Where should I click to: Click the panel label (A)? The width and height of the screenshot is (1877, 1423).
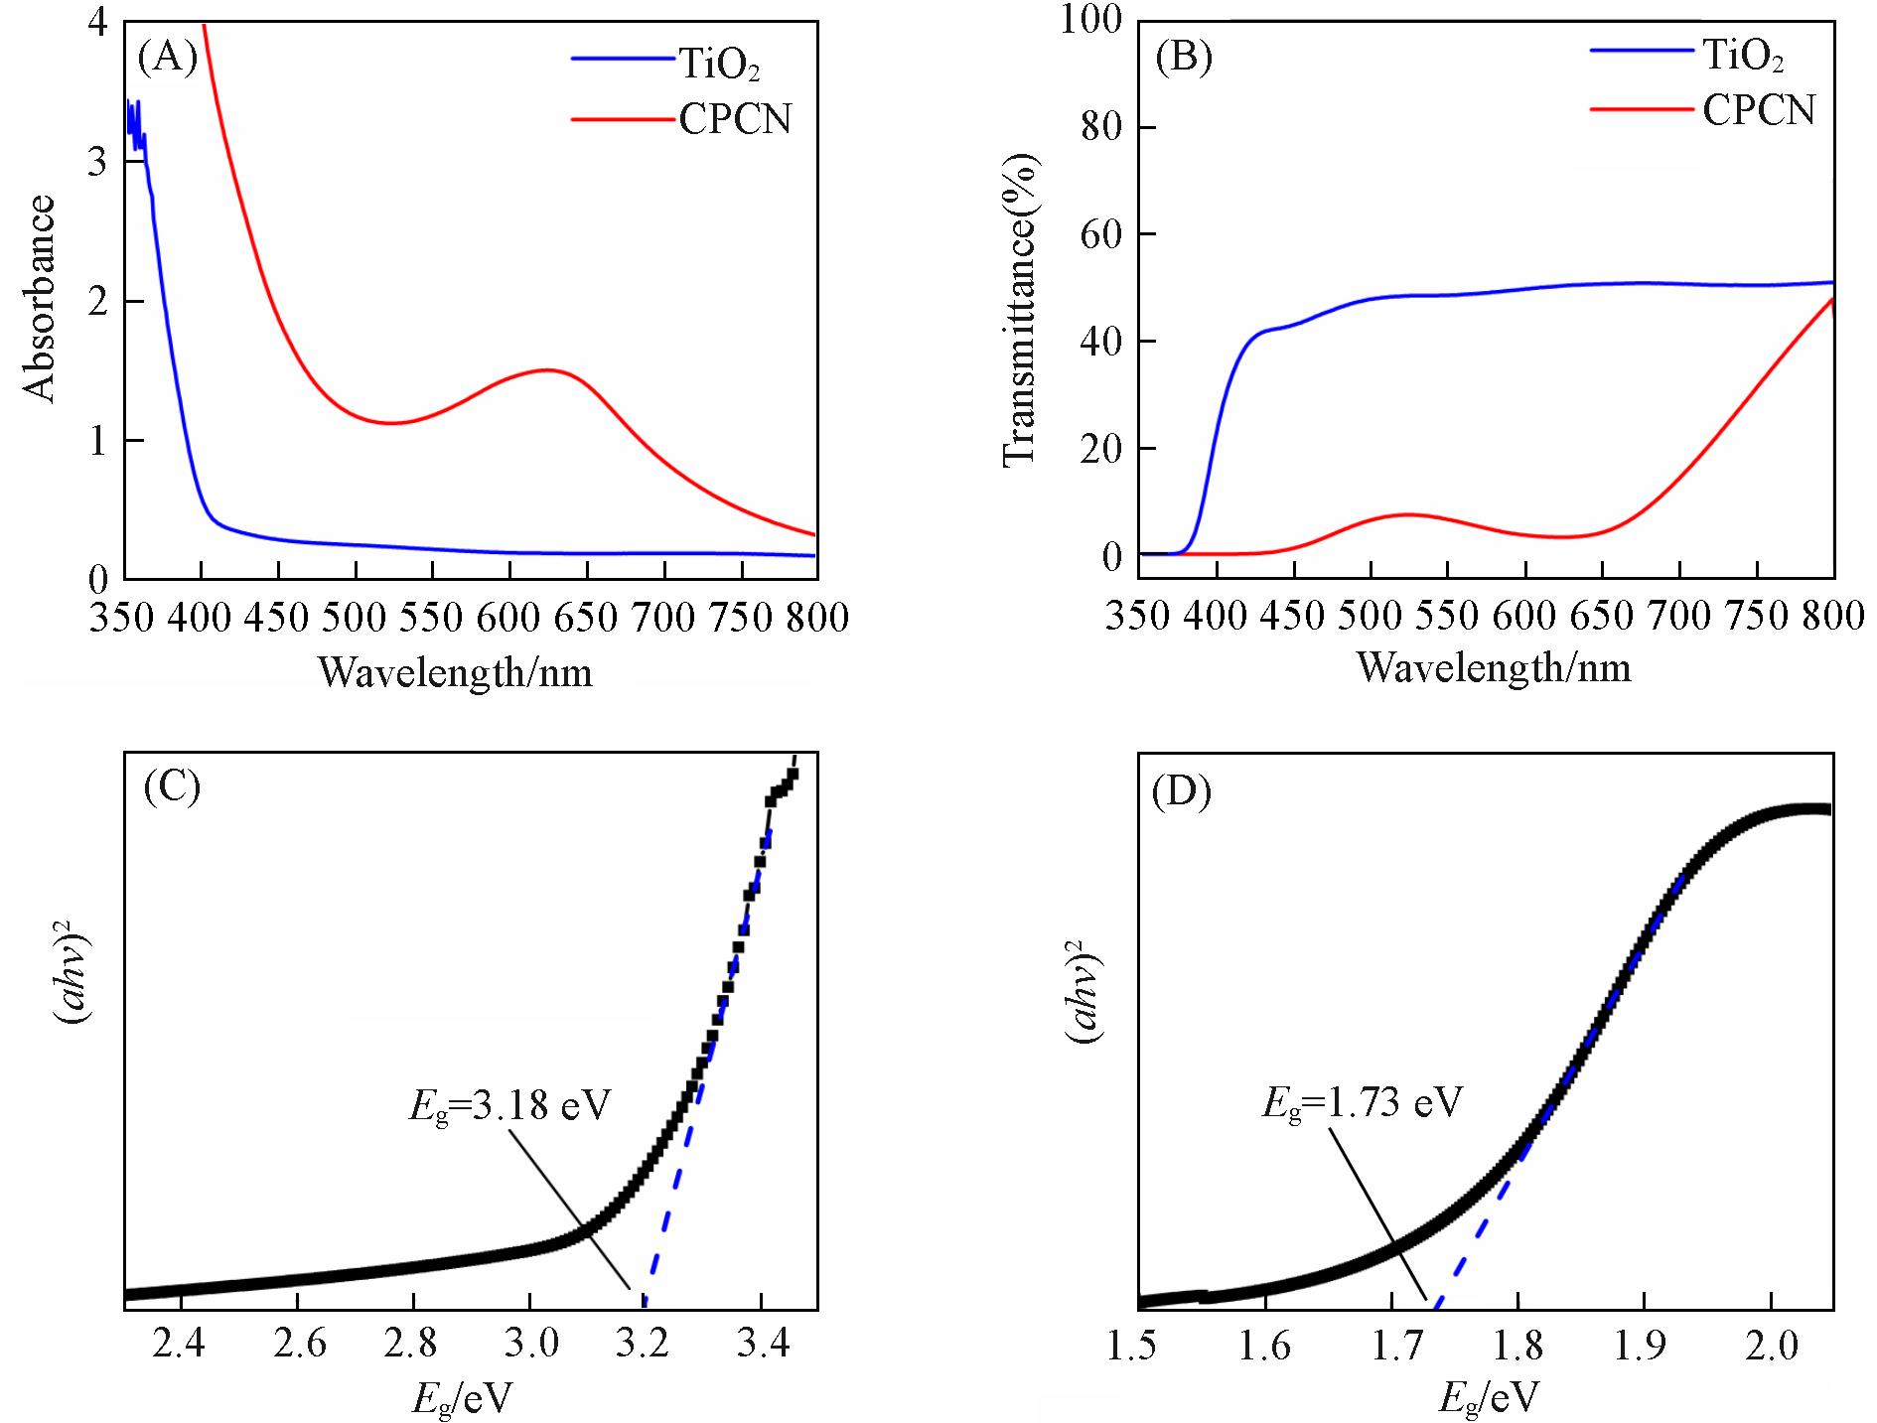(x=168, y=58)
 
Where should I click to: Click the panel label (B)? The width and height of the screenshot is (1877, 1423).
(x=1184, y=58)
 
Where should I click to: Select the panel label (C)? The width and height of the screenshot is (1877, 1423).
(x=172, y=786)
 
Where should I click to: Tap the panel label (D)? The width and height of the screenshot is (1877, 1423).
(x=1181, y=792)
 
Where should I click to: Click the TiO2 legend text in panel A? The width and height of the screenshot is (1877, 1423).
(x=720, y=65)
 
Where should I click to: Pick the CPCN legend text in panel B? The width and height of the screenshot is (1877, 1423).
(x=1759, y=109)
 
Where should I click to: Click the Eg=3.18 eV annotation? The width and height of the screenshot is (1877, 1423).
(x=509, y=1105)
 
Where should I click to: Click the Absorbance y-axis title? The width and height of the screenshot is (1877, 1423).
(x=40, y=298)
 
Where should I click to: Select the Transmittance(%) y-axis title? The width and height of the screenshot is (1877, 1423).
(x=1020, y=309)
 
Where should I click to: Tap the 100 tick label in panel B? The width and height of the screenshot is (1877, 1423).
(x=1090, y=19)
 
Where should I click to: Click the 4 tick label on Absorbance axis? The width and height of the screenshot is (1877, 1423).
(x=97, y=22)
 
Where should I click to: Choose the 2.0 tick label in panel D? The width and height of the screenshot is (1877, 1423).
(x=1772, y=1346)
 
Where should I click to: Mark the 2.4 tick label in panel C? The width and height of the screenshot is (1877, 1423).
(x=181, y=1344)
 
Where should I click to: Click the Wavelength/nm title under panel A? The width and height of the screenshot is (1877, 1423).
(x=455, y=673)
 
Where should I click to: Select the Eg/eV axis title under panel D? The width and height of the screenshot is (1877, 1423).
(x=1488, y=1398)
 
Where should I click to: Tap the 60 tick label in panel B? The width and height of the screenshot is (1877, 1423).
(x=1100, y=234)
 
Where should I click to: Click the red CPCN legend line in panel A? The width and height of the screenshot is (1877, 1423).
(x=623, y=120)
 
